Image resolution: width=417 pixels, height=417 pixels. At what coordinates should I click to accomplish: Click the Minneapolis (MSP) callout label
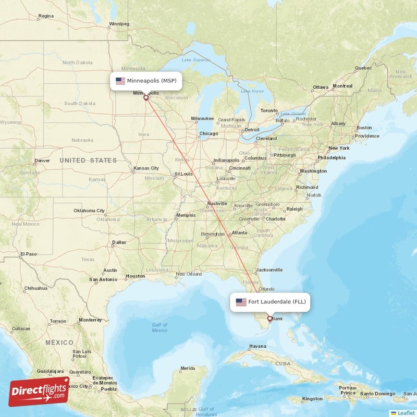tap(145, 81)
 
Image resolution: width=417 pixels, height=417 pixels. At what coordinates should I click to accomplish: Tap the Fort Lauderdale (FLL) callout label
tap(270, 302)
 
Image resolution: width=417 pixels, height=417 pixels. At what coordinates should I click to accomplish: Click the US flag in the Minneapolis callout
tap(120, 81)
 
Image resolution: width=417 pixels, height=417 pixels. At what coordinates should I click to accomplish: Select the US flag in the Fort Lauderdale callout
tap(241, 302)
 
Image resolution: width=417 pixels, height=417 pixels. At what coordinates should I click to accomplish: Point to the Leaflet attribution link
tap(406, 413)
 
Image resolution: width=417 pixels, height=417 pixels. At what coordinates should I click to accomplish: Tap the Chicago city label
tap(208, 134)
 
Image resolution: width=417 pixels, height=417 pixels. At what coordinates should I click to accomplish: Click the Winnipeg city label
tap(119, 24)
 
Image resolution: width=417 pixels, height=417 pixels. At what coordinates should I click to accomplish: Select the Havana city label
tap(257, 346)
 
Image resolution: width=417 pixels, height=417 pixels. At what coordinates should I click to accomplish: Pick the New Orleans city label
tap(189, 274)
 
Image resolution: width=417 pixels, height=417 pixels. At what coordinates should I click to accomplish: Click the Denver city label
tap(42, 161)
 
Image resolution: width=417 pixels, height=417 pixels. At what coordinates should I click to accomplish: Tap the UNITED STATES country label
tap(88, 161)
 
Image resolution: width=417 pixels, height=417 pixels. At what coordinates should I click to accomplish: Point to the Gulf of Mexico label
tap(160, 327)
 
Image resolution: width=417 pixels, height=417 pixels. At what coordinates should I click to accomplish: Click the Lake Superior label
tap(192, 59)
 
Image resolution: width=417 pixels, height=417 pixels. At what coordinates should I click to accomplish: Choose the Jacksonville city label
tap(269, 270)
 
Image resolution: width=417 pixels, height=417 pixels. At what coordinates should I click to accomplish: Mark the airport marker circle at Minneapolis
tap(146, 97)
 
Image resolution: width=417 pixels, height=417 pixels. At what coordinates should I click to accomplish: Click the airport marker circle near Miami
tap(269, 318)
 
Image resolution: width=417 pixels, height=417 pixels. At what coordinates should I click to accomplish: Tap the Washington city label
tap(313, 171)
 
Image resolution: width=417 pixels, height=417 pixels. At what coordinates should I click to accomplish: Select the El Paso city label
tap(29, 254)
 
